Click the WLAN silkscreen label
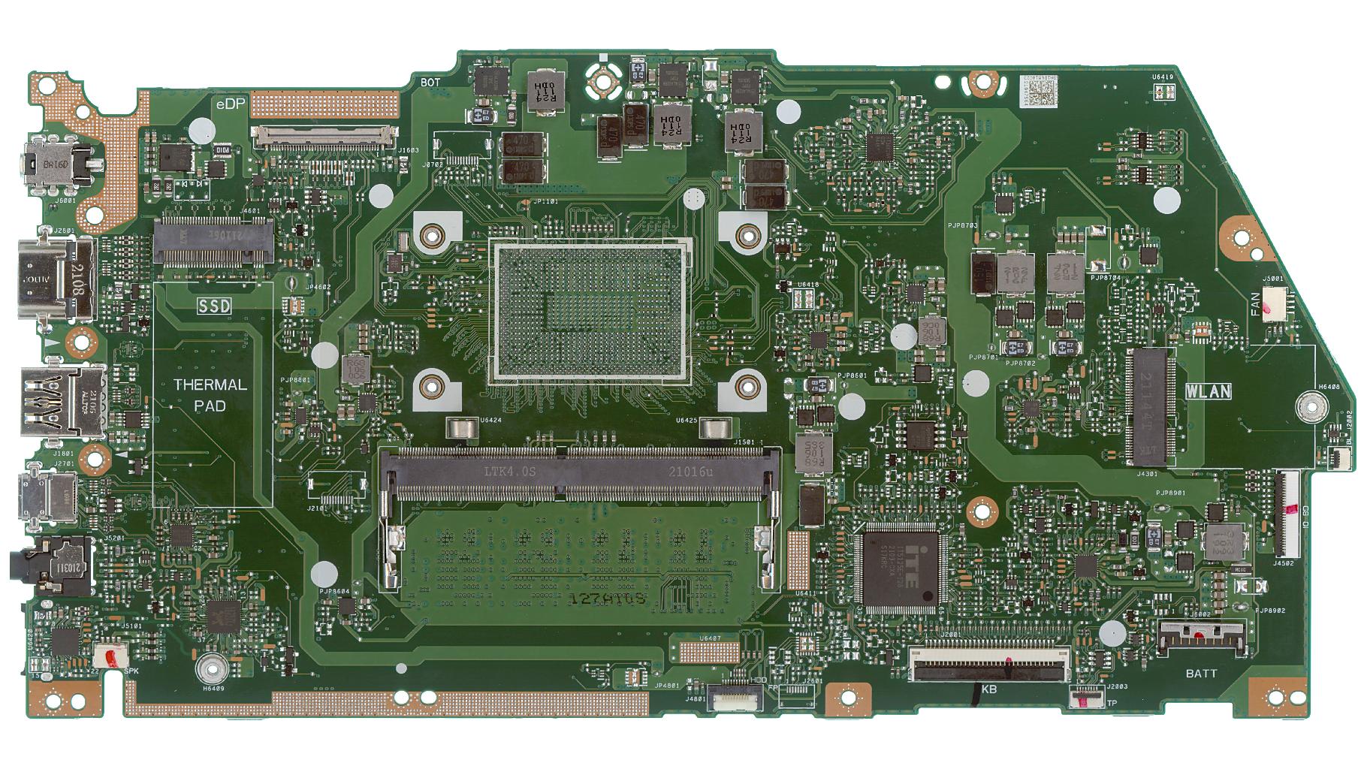pos(1209,391)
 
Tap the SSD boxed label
pos(214,306)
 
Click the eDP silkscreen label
pos(231,104)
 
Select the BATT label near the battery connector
pos(1201,674)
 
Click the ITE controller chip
pos(901,568)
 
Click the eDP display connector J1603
pos(324,137)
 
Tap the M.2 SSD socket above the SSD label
pos(213,240)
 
